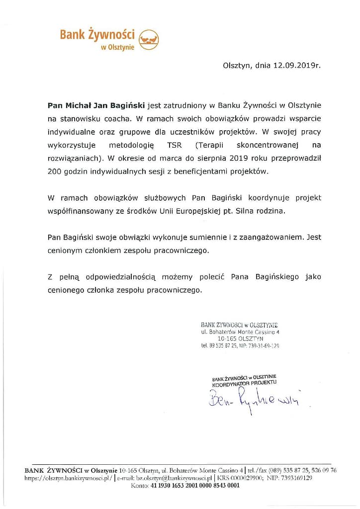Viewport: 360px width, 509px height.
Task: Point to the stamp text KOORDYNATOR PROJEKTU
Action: [244, 384]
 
